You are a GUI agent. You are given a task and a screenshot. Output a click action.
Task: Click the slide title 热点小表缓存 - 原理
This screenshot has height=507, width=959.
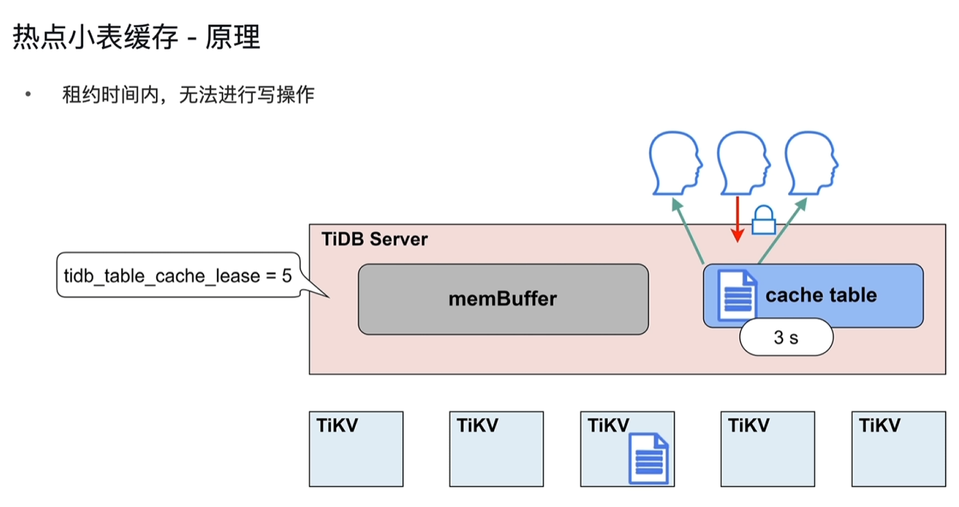tap(136, 38)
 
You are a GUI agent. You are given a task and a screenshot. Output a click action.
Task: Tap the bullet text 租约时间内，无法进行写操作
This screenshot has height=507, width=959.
tap(188, 95)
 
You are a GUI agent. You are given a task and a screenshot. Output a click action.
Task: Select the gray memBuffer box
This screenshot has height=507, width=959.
tap(503, 299)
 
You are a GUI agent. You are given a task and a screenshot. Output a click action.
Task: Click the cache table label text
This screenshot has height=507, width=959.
tap(821, 295)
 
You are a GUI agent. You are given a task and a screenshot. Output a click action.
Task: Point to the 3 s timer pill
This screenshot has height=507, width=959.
tap(786, 338)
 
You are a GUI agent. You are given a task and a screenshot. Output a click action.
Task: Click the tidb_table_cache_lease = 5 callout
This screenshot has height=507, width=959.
tap(177, 276)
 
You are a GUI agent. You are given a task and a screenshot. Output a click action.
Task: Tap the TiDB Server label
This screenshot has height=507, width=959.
tap(374, 239)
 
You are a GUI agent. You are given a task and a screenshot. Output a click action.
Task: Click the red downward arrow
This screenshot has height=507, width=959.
tap(737, 219)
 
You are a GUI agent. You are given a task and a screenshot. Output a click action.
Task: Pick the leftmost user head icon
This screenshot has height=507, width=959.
tap(676, 164)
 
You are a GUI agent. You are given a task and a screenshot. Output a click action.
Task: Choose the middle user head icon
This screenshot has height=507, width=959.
tap(742, 164)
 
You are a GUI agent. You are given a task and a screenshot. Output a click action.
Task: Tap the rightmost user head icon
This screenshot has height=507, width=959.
tap(810, 164)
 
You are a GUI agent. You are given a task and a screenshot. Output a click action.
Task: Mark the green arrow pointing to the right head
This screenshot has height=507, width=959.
tap(781, 231)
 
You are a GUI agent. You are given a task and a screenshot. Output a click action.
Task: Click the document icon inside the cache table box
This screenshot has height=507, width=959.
tap(737, 295)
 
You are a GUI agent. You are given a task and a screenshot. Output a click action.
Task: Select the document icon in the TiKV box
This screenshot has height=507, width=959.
tap(648, 458)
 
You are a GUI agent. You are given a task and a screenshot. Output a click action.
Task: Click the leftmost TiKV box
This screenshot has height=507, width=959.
tap(356, 449)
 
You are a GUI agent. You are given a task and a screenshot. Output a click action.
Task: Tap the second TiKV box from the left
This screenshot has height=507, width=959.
tap(496, 449)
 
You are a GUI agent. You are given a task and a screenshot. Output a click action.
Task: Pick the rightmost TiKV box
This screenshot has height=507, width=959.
tap(899, 449)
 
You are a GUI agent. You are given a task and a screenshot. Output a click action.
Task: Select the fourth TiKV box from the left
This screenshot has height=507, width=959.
tap(768, 449)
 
